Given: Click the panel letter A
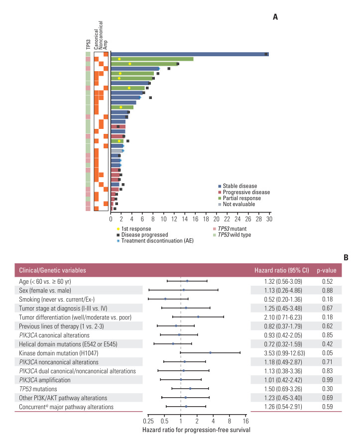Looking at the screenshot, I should pos(275,17).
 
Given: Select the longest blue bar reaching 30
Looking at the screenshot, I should pos(189,54).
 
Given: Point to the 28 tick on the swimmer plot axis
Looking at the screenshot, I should pos(259,218).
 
